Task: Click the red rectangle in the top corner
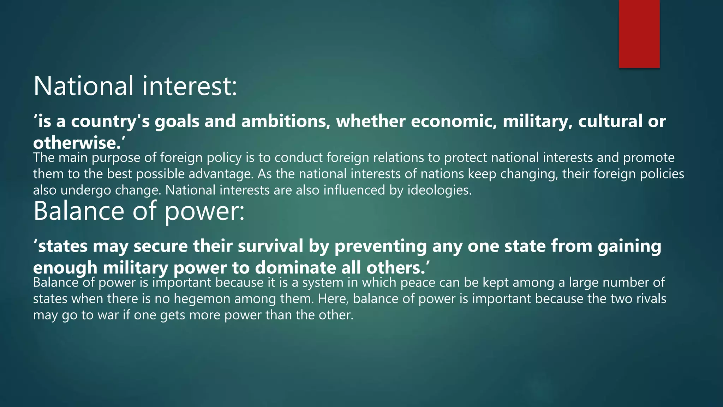639,34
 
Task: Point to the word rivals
651,299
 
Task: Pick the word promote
649,158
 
